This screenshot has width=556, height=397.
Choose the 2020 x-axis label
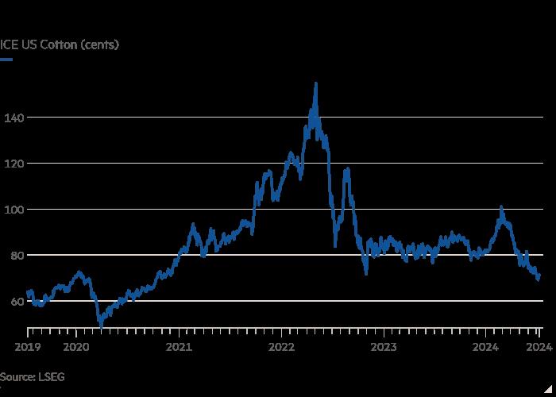76,346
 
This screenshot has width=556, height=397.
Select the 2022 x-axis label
282,346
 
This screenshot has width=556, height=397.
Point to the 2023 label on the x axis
384,346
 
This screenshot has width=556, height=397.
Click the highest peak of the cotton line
316,83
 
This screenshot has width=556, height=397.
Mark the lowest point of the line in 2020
100,325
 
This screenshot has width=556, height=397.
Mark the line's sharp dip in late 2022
366,274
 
